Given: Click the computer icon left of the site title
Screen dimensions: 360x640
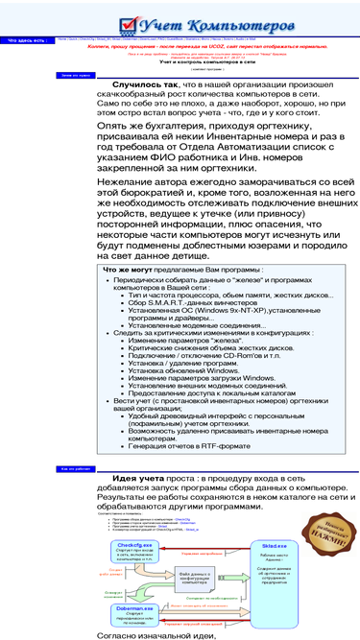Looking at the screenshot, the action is click(118, 22).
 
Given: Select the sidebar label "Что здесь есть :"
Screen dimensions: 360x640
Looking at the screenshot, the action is click(26, 40).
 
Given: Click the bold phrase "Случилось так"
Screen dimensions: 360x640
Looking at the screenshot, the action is click(144, 85).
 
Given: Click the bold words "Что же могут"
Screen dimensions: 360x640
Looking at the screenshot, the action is click(128, 271).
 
